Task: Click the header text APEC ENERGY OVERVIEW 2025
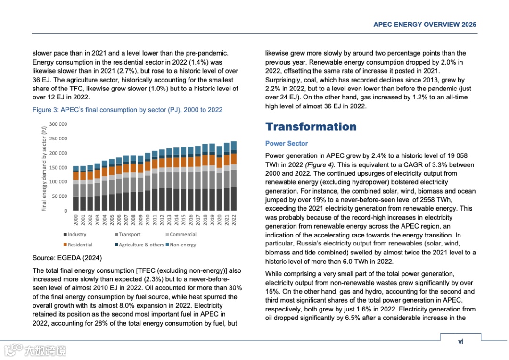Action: coord(425,25)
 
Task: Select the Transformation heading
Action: coord(311,126)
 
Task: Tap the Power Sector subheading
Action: coord(286,143)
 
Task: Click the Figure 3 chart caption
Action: coord(127,110)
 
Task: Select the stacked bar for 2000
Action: coord(75,188)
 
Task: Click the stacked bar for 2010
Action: coord(148,181)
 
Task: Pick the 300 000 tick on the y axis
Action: coord(59,124)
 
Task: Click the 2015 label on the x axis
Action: coord(183,220)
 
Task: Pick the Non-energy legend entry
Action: coord(182,245)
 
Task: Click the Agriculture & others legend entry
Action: coord(141,245)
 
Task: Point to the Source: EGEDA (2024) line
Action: coord(67,258)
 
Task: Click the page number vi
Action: coord(460,342)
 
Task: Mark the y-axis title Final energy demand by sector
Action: coord(44,168)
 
